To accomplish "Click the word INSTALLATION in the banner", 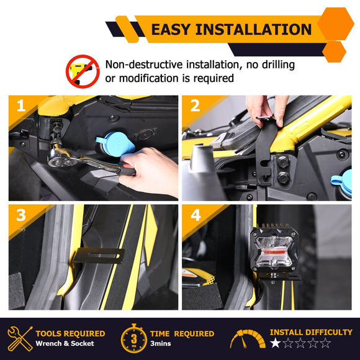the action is coord(253,29).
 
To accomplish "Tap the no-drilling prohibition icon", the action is coord(83,71).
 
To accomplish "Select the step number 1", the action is coord(21,106).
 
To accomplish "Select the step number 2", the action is coord(195,106).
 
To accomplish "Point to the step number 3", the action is coord(21,215).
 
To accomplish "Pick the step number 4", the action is coord(196,215).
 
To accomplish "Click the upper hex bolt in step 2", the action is coord(283,161).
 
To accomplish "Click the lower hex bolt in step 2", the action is coord(284,178).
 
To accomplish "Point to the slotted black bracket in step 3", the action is coord(99,256).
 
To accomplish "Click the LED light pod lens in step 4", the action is coord(274,253).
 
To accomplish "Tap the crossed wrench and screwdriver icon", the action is coord(20,339).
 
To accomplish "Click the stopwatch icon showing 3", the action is coord(134,338).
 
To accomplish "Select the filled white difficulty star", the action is coord(275,343).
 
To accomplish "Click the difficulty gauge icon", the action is coord(248,339).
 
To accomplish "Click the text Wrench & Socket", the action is coord(65,343).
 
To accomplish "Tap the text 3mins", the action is coord(161,343).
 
